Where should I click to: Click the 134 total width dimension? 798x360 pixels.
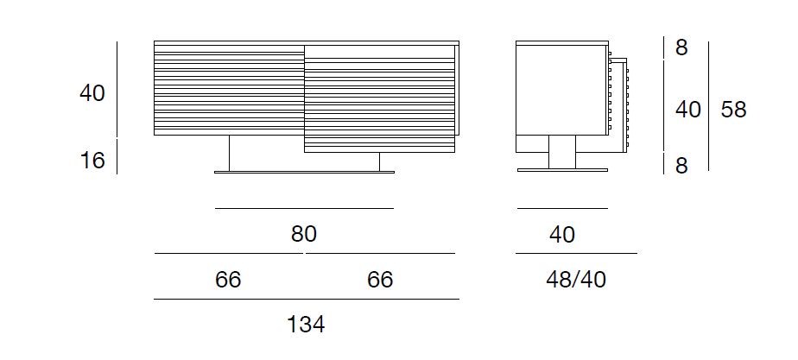(306, 325)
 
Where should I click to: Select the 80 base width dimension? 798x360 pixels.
(304, 234)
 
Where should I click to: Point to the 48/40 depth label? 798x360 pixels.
(577, 280)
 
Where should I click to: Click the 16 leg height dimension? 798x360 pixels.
(92, 160)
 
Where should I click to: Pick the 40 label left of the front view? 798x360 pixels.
(92, 92)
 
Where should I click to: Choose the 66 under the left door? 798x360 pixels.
(228, 280)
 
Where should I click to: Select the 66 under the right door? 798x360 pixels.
(380, 280)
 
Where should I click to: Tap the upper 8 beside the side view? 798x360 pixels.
(681, 48)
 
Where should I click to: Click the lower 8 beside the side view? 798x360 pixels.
(681, 166)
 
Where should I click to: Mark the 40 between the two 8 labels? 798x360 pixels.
(687, 110)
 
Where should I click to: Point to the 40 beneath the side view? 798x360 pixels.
(561, 234)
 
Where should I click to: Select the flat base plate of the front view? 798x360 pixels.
(304, 172)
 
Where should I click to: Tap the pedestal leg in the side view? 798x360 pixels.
(562, 152)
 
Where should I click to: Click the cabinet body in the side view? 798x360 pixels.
(557, 89)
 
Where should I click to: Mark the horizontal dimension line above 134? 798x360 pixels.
(306, 299)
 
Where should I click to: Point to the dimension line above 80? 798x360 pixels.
(304, 208)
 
